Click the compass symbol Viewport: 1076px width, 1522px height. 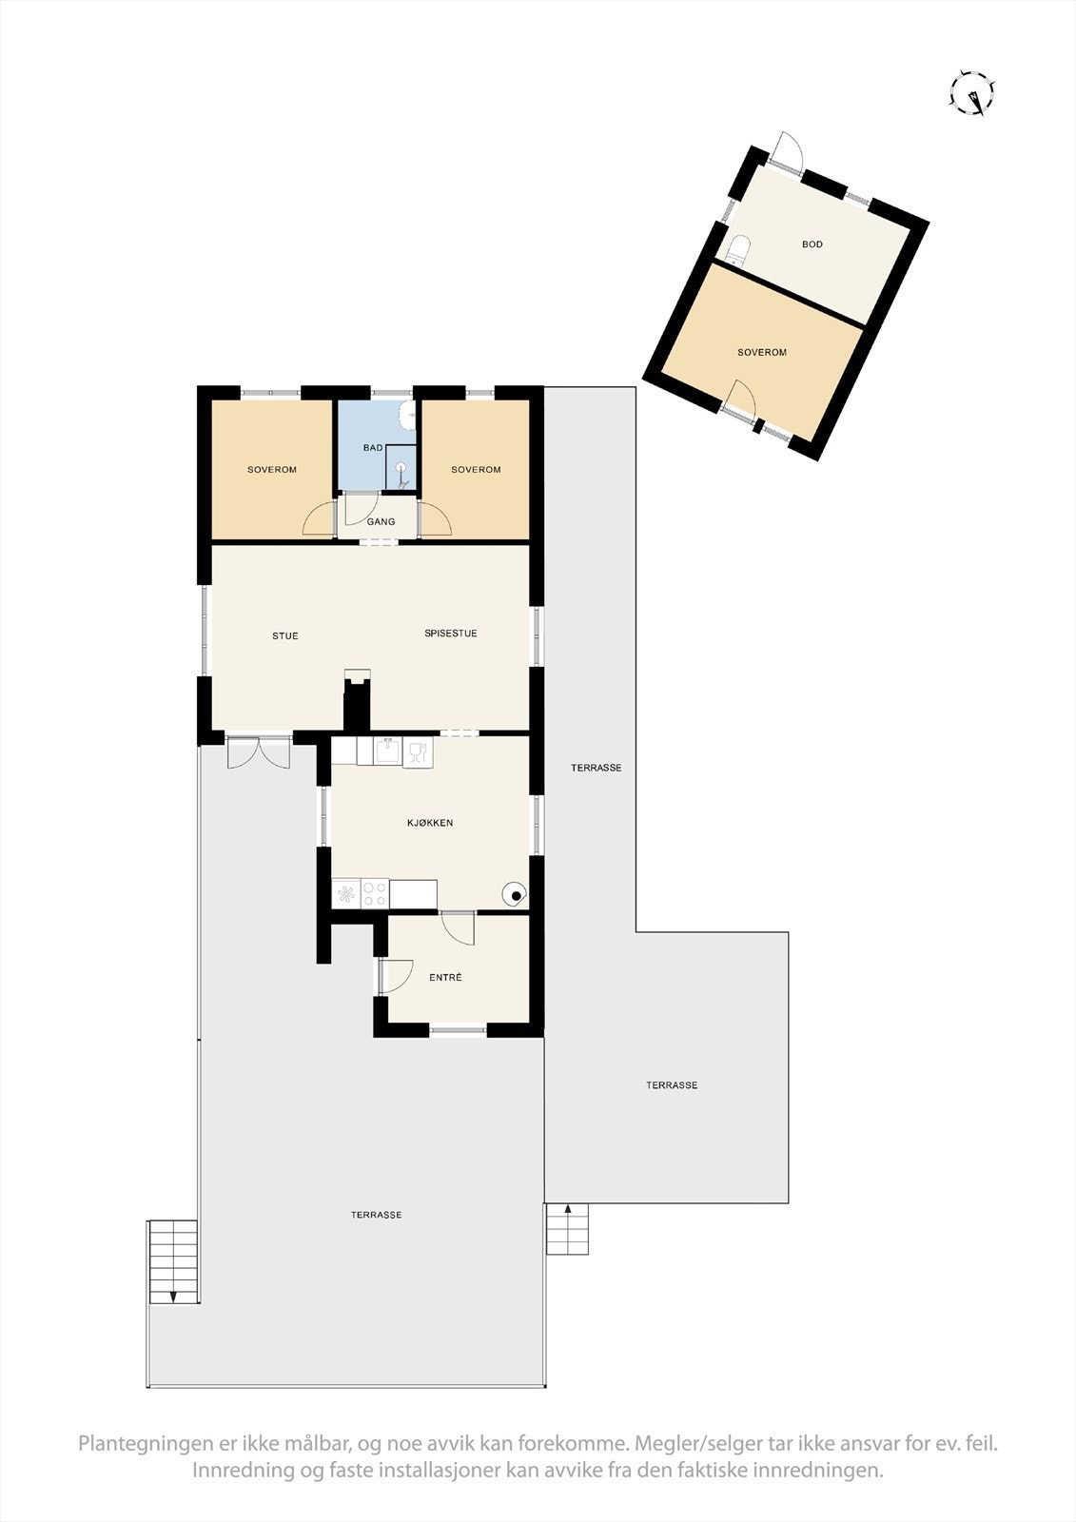[x=972, y=93]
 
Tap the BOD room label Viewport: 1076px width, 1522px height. [x=812, y=244]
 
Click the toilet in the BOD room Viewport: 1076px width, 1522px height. [x=738, y=250]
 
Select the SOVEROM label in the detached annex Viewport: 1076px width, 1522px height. [x=761, y=352]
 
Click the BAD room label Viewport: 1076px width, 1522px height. [x=372, y=447]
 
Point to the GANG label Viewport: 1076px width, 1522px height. [x=381, y=522]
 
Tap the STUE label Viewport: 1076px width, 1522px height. [x=284, y=635]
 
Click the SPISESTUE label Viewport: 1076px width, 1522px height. [x=450, y=634]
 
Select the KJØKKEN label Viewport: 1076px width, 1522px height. [x=429, y=823]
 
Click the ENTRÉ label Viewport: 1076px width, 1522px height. [x=445, y=977]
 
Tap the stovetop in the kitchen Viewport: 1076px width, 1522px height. [x=360, y=894]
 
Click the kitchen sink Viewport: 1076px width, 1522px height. [x=387, y=751]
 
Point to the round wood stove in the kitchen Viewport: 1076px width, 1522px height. [x=514, y=894]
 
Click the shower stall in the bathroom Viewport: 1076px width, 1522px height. [x=401, y=467]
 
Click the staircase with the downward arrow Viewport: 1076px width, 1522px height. [x=172, y=1261]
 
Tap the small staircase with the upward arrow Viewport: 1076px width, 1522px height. [x=567, y=1230]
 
